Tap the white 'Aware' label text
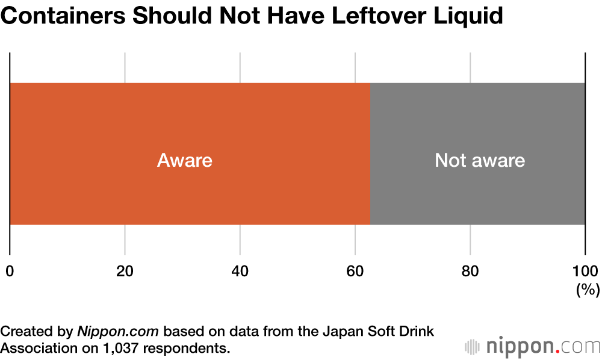[x=185, y=161]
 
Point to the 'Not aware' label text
[x=480, y=161]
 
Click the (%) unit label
[x=588, y=290]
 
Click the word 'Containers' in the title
[x=64, y=16]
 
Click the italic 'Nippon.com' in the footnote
[x=118, y=331]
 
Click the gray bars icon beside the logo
[x=473, y=347]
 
